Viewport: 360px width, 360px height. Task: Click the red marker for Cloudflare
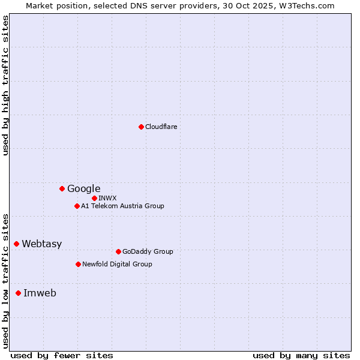pos(141,127)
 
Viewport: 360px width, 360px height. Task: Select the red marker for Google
pos(62,188)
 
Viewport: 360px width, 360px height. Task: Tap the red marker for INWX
pos(94,198)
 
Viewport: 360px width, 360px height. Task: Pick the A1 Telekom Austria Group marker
pos(77,206)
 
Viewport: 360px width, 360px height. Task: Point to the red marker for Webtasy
pos(16,244)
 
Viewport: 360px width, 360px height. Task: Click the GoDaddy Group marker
pos(118,251)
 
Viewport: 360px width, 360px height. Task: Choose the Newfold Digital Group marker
pos(78,264)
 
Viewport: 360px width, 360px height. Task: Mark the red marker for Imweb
pos(18,293)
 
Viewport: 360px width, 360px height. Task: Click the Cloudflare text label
pos(161,127)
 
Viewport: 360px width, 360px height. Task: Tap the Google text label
pos(84,188)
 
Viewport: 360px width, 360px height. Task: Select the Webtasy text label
pos(42,244)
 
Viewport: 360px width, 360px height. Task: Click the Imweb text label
pos(40,293)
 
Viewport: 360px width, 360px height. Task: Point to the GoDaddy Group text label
pos(148,251)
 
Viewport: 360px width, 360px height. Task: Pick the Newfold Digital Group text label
pos(117,264)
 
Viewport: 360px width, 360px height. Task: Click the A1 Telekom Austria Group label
pos(122,206)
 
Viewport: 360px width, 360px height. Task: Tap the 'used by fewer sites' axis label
pos(62,355)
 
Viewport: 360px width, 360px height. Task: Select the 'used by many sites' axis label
pos(301,355)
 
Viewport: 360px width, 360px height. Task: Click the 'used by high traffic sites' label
pos(6,85)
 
